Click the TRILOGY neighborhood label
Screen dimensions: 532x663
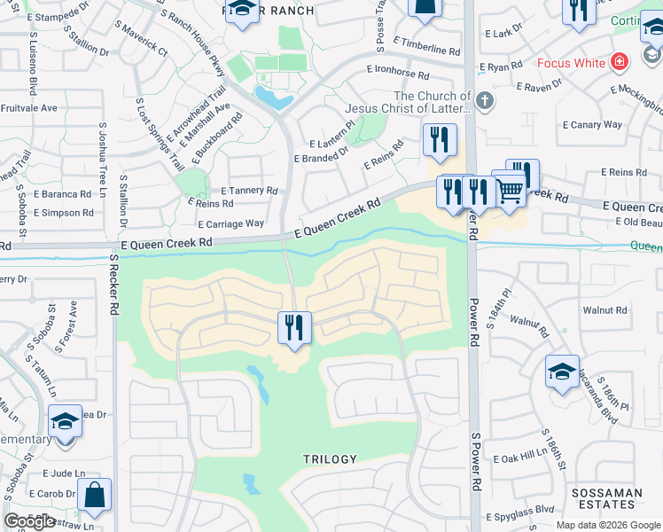[330, 459]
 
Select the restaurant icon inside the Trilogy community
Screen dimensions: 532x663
[293, 327]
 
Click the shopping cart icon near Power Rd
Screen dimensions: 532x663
[509, 188]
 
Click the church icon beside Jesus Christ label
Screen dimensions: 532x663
[484, 99]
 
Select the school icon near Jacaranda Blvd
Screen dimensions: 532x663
[562, 372]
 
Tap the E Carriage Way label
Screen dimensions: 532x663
[230, 224]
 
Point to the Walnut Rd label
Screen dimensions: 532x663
[604, 310]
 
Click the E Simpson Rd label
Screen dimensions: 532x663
[63, 213]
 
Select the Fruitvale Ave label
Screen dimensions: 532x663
[28, 108]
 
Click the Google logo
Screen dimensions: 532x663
[29, 521]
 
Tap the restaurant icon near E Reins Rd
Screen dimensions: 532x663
[439, 139]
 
